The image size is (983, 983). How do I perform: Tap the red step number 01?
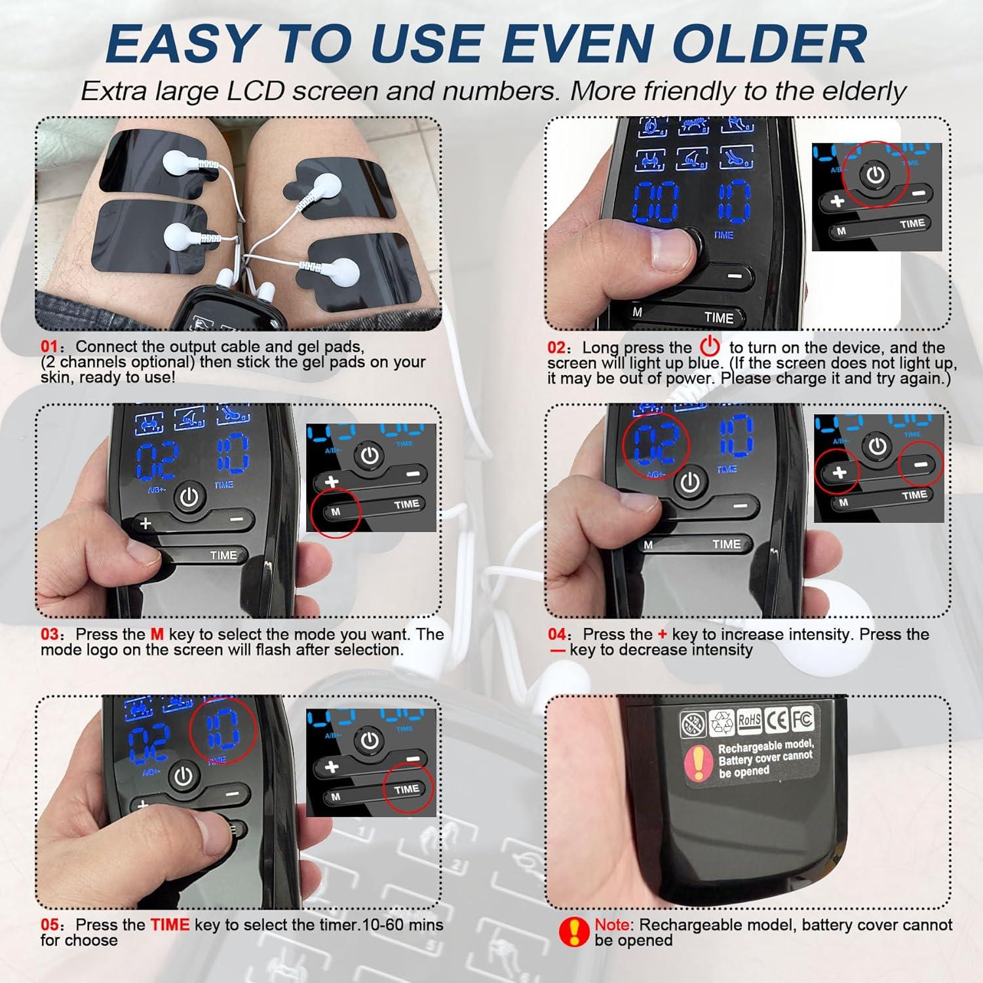tap(49, 347)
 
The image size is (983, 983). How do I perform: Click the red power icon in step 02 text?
tap(710, 346)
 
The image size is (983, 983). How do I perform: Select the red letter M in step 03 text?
tap(157, 634)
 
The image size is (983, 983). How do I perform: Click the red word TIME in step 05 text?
tap(170, 925)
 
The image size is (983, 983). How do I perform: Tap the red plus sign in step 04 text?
tap(662, 634)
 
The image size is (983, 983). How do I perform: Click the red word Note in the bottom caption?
tap(613, 925)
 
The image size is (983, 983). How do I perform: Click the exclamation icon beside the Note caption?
tap(574, 932)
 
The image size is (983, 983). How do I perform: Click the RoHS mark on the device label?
tap(750, 720)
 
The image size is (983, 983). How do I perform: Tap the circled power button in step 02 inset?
tap(876, 175)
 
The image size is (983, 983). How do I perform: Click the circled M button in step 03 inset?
tap(336, 512)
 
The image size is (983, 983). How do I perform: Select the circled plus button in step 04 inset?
tap(839, 472)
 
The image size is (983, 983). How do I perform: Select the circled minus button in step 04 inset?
tap(921, 465)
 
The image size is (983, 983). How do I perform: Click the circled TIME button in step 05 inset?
tap(406, 790)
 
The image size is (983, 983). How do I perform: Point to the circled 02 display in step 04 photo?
tap(656, 445)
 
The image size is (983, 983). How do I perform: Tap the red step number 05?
tap(49, 925)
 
